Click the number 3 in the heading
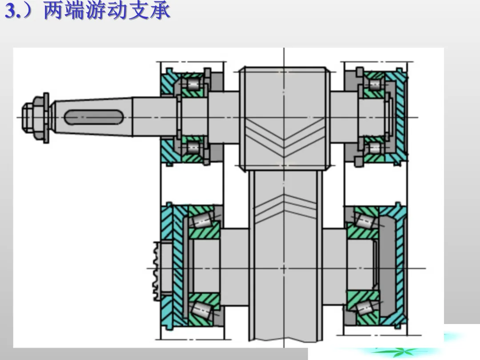pos(11,11)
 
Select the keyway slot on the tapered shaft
pos(94,117)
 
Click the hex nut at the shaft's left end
pos(32,117)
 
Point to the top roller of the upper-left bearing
pos(193,84)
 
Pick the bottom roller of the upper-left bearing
pos(193,148)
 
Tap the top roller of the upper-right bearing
pos(375,84)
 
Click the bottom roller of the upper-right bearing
pos(375,148)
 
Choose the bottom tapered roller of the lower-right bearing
pos(365,308)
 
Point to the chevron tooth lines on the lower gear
pos(284,208)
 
